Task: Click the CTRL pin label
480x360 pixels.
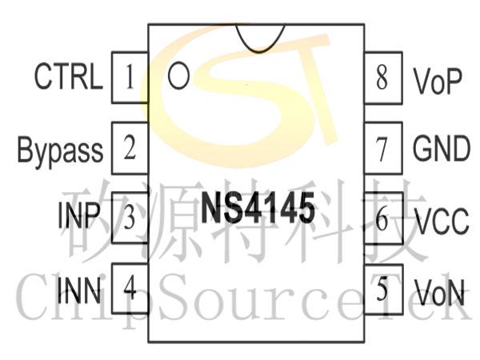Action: click(68, 76)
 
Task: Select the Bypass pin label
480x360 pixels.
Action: click(60, 150)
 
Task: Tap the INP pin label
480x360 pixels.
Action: click(79, 215)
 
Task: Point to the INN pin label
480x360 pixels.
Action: click(79, 290)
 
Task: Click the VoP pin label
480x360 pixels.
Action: click(438, 81)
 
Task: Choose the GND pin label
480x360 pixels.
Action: click(441, 149)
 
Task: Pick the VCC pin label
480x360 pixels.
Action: click(442, 221)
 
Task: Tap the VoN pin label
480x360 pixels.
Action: click(439, 292)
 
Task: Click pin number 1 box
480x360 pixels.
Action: click(130, 78)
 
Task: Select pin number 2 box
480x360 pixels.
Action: click(130, 148)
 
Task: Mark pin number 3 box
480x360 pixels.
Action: click(130, 218)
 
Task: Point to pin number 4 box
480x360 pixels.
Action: click(130, 288)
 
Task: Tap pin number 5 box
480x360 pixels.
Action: click(383, 290)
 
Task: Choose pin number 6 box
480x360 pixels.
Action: click(383, 218)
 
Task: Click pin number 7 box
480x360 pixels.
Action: click(383, 148)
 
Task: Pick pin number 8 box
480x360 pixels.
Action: click(383, 78)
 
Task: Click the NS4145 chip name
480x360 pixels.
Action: click(258, 208)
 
